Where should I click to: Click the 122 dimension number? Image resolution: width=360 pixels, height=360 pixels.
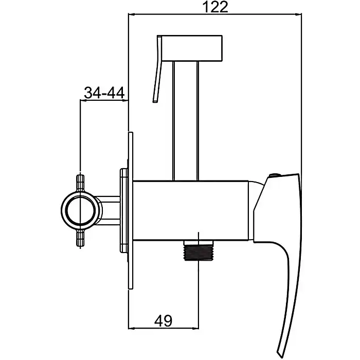click(215, 7)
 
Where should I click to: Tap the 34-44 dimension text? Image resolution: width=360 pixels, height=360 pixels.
click(104, 93)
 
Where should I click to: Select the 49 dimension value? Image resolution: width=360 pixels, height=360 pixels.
click(163, 321)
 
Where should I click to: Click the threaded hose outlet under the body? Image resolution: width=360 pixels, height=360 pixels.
click(199, 250)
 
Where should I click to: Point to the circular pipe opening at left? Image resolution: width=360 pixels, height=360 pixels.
click(80, 210)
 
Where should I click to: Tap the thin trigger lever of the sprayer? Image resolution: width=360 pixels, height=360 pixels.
click(158, 68)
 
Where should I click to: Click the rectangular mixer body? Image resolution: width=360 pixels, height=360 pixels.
click(191, 210)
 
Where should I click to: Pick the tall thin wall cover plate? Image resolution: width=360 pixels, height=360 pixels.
click(131, 210)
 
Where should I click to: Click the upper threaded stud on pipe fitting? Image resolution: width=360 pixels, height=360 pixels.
click(80, 183)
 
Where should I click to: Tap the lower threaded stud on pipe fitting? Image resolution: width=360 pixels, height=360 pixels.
click(80, 239)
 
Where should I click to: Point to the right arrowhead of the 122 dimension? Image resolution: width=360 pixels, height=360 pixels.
click(298, 14)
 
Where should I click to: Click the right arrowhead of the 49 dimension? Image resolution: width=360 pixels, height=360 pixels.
click(195, 329)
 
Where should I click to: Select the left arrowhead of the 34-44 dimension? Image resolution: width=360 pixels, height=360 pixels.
click(83, 100)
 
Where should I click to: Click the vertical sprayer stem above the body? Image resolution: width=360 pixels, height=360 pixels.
click(186, 121)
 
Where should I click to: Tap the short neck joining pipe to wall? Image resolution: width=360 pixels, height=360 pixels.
click(107, 210)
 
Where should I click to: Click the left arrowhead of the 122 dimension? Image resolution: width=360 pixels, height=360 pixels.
click(132, 14)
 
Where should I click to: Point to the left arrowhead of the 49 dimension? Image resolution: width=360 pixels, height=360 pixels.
click(132, 329)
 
